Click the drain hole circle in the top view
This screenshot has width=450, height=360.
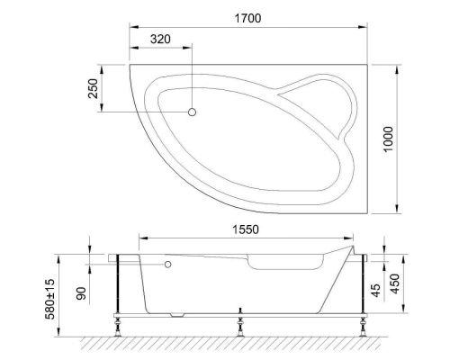pyautogui.click(x=192, y=112)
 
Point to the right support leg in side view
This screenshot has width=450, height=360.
pyautogui.click(x=363, y=292)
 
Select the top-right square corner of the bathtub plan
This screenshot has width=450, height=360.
pyautogui.click(x=372, y=64)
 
